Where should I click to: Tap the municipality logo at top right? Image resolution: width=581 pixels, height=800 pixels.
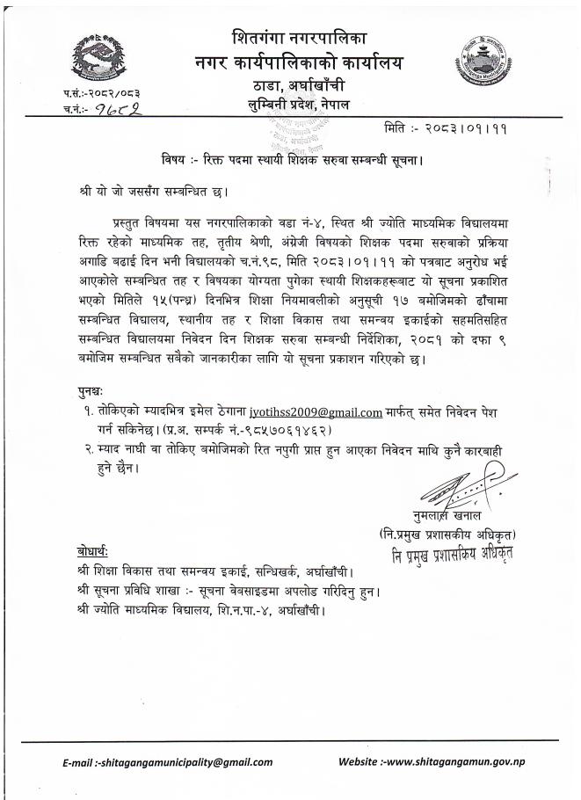click(x=481, y=58)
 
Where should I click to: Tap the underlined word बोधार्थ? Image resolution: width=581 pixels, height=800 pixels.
click(x=91, y=551)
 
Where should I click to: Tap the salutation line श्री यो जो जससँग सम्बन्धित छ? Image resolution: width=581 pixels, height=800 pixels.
click(x=146, y=186)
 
